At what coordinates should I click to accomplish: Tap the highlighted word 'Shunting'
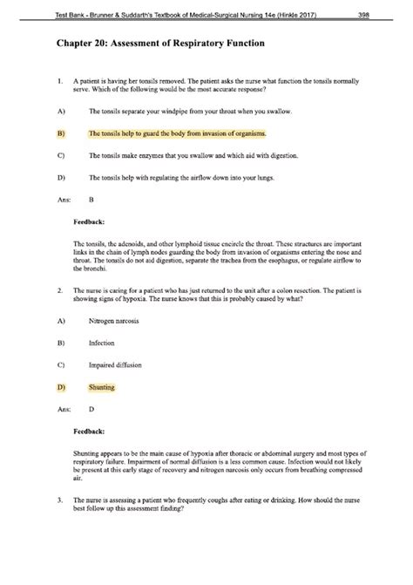click(102, 386)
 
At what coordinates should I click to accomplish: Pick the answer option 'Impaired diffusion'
click(116, 365)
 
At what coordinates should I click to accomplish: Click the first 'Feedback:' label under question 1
click(89, 221)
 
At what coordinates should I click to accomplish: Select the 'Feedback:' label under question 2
click(89, 430)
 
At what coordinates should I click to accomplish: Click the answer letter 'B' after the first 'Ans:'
click(91, 199)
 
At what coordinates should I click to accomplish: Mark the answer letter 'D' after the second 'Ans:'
click(91, 408)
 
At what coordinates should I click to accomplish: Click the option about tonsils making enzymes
click(195, 156)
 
